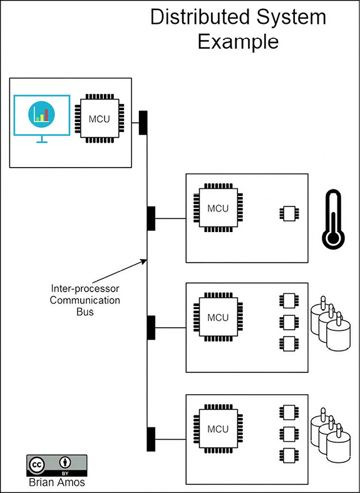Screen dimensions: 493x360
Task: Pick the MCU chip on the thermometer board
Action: pyautogui.click(x=218, y=208)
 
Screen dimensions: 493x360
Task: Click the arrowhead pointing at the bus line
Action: pyautogui.click(x=144, y=261)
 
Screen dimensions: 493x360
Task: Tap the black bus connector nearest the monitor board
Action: pyautogui.click(x=143, y=122)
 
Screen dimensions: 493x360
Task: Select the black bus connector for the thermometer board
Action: pyautogui.click(x=151, y=218)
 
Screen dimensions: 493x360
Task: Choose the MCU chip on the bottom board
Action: pyautogui.click(x=218, y=429)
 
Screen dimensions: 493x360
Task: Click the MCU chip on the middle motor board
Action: pyautogui.click(x=218, y=318)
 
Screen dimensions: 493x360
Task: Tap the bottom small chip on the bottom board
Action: pyautogui.click(x=289, y=454)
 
